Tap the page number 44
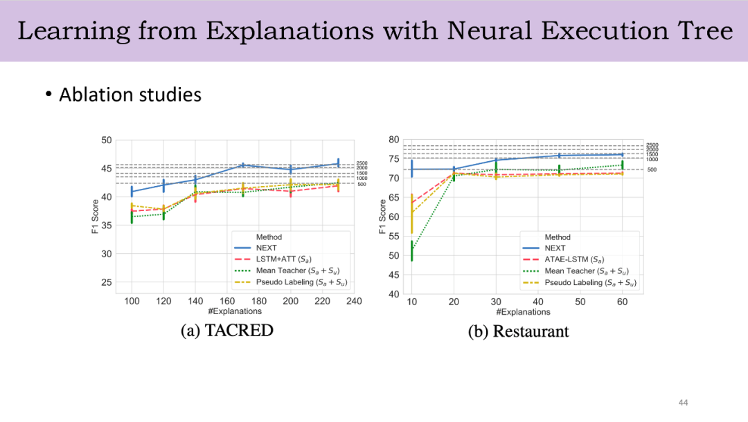tap(683, 403)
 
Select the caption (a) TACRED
tap(226, 331)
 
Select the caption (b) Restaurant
tap(518, 331)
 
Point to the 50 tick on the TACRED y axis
tap(106, 140)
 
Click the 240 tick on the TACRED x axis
tap(354, 301)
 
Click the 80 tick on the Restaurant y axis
tap(393, 139)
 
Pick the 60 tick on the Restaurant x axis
tap(622, 302)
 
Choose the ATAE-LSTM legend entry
tap(569, 259)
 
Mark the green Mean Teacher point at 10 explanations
tap(411, 250)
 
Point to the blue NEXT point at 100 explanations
tap(132, 191)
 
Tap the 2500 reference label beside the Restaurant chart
tap(652, 145)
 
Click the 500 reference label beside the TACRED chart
tap(362, 184)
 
